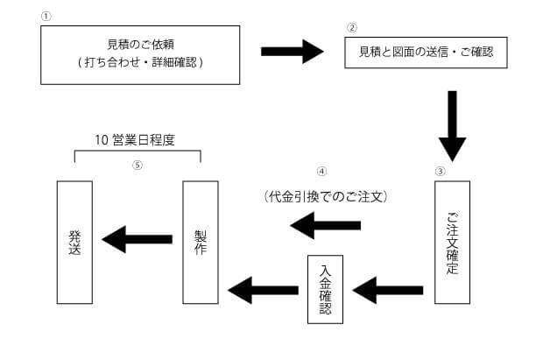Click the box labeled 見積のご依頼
point(140,54)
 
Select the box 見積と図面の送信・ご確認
point(426,53)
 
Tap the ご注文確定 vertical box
point(452,242)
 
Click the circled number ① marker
point(46,17)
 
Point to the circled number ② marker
point(352,27)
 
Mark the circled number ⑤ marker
point(138,166)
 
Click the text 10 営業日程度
point(138,139)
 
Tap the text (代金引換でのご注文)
point(325,196)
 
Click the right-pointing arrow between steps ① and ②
point(293,52)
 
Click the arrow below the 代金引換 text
point(325,227)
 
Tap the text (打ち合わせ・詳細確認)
point(140,64)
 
